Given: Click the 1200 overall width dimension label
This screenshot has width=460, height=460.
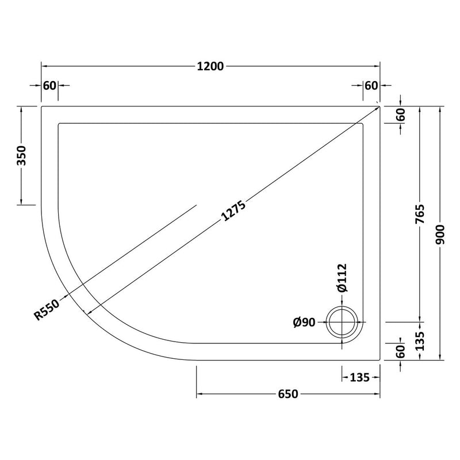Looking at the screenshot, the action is tap(210, 67).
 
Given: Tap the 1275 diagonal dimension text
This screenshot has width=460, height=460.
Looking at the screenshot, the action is tap(233, 211).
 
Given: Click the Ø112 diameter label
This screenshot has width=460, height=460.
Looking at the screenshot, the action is tap(342, 278).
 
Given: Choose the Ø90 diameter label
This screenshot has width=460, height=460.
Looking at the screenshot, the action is tap(304, 323).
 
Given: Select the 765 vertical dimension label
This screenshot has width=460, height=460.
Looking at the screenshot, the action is tap(420, 214).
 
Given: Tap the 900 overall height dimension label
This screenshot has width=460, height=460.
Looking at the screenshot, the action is tap(440, 235).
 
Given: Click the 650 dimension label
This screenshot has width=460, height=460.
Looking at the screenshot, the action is tap(288, 394).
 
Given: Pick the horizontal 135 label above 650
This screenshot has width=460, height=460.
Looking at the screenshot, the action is tap(360, 377).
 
